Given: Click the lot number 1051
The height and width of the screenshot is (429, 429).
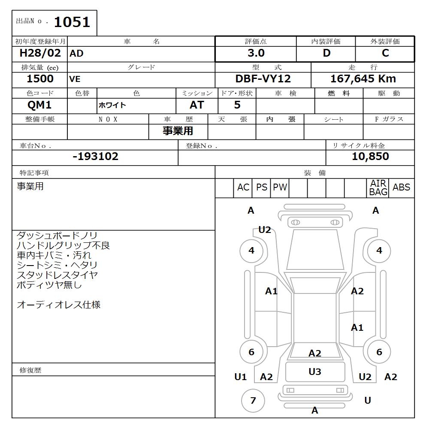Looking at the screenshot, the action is coord(72,22).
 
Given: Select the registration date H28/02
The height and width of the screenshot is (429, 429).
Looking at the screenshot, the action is coord(40,53).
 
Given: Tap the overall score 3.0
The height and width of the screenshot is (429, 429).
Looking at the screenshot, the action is coord(256,53).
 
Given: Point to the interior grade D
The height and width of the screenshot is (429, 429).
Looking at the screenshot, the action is coord(326,53).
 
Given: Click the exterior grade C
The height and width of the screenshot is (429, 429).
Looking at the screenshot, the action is coord(385,53).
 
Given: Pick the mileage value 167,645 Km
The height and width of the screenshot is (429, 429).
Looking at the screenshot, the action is coord(363,79).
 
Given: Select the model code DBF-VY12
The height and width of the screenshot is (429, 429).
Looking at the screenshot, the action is coord(263,79).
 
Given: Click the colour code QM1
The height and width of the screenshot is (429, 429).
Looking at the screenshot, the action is coord(39,105).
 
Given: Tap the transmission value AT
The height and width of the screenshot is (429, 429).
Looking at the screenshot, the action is coord(197,105).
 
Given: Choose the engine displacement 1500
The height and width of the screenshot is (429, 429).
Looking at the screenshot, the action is coord(40,79).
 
